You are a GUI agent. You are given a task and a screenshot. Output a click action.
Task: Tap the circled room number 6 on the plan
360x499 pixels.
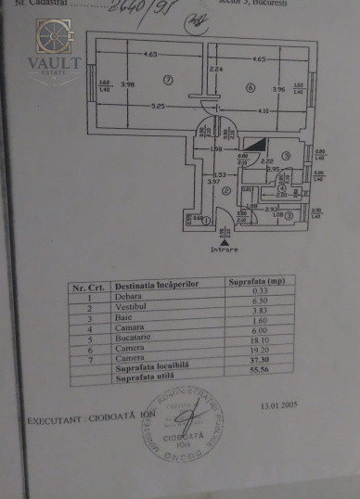coord(251,87)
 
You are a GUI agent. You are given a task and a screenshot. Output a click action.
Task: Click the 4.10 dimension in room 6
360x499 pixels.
coord(264,112)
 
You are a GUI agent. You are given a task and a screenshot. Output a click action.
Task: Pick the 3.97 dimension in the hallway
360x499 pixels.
coord(213,182)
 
